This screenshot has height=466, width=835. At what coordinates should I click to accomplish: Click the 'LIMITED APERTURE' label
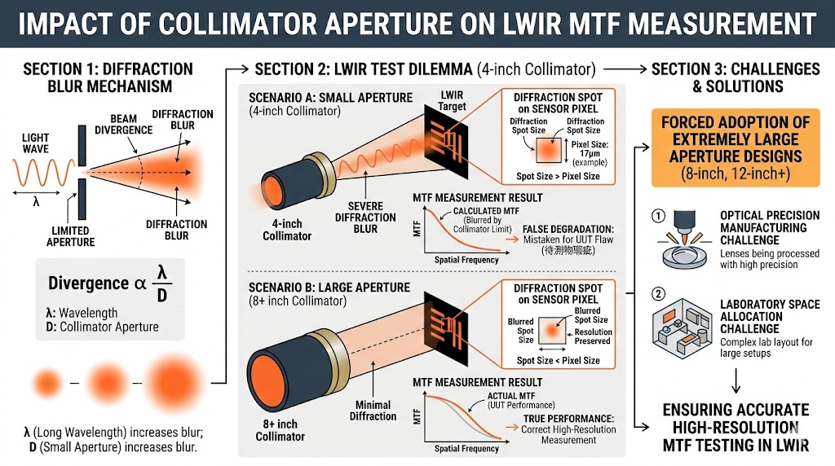(x=70, y=235)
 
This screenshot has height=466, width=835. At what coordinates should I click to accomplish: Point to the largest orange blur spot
(x=168, y=380)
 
